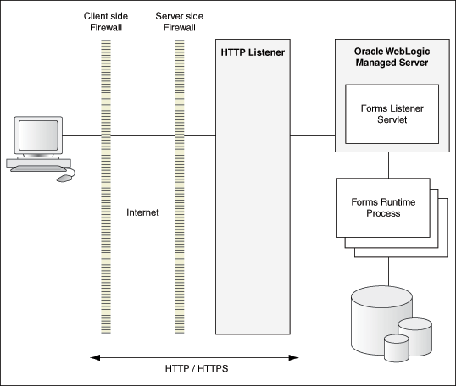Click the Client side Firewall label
tap(107, 22)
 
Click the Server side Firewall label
tap(180, 22)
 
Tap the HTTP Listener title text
tap(252, 53)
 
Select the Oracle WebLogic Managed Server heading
tap(391, 58)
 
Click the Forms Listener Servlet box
tap(391, 113)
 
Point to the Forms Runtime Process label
tap(381, 207)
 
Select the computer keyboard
tap(36, 170)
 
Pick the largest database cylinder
tap(372, 317)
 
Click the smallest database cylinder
tap(396, 346)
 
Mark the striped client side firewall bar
tap(107, 186)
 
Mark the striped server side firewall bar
tap(180, 186)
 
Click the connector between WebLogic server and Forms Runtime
tap(389, 165)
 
